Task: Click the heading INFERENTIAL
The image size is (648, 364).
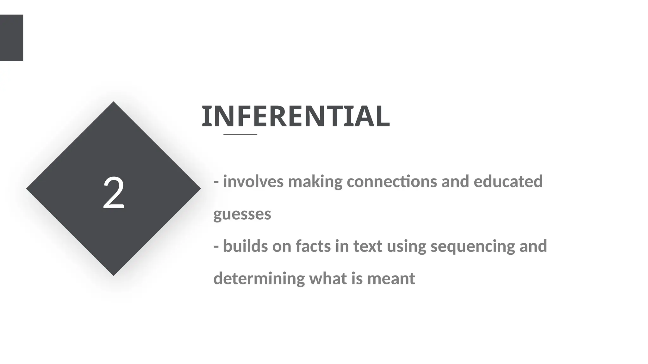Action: pos(296,116)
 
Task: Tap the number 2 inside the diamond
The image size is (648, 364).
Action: pos(114,193)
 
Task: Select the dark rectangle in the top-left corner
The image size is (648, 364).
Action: pos(11,38)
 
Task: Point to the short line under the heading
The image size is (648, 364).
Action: pos(240,135)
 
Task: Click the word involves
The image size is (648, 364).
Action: pos(253,182)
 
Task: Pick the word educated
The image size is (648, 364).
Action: pos(508,182)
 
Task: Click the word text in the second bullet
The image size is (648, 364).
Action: pos(367,246)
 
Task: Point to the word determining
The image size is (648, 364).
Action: pos(259,279)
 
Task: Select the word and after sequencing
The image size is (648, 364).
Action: pos(533,246)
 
